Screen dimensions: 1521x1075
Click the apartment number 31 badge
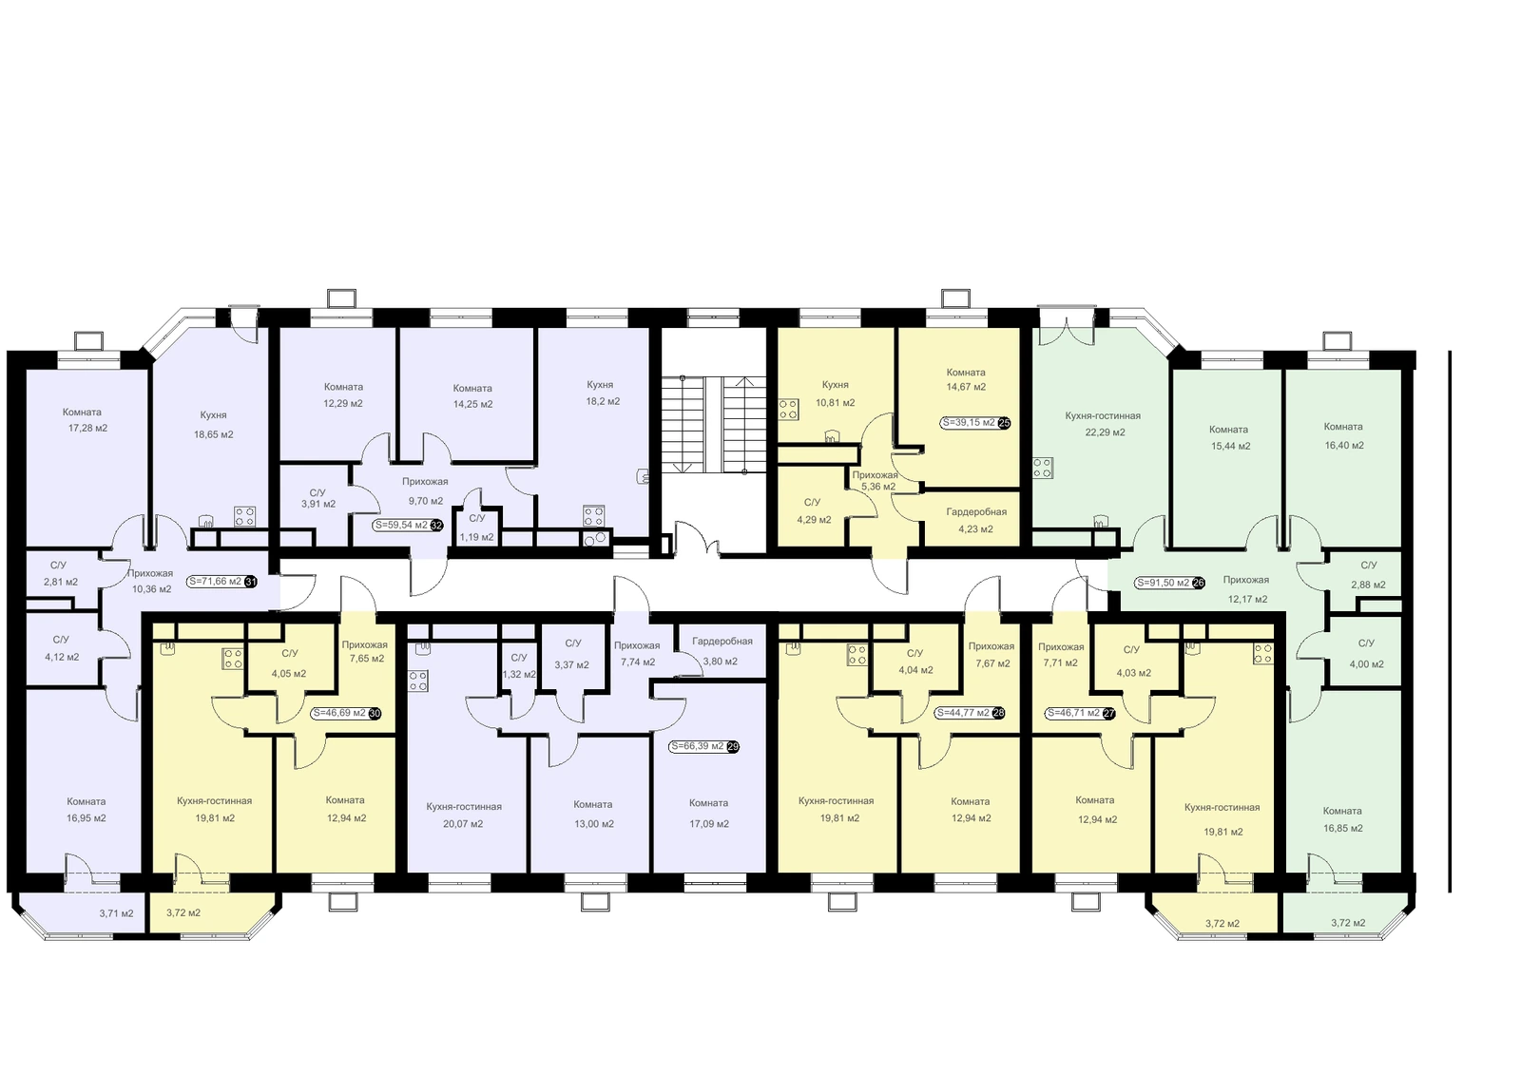251,582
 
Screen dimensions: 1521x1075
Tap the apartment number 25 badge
1004,423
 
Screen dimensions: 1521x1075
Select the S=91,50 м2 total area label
1163,583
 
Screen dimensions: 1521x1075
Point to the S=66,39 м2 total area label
697,745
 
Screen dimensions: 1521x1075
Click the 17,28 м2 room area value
87,428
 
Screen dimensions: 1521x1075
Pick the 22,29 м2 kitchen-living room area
1105,432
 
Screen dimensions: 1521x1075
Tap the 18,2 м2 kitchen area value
603,401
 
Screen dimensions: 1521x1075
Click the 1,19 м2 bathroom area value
476,537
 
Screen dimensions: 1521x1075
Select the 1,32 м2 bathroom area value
519,674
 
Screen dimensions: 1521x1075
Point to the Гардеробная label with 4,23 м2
976,511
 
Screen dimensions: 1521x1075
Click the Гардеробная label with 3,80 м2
722,641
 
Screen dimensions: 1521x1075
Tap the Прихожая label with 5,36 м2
876,474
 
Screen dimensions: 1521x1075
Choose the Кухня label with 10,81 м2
836,384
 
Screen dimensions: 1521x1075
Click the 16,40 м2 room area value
1343,446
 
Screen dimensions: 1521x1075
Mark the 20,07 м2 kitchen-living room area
463,824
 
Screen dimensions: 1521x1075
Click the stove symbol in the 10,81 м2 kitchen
788,409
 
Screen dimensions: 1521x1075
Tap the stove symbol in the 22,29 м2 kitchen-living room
1043,468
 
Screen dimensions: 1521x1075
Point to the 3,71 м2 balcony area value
116,913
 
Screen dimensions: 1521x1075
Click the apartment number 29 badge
733,746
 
